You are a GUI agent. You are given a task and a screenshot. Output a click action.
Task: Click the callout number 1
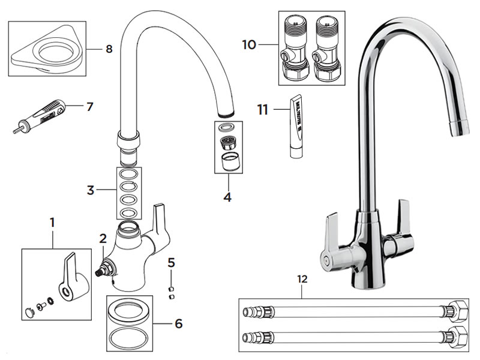(52, 222)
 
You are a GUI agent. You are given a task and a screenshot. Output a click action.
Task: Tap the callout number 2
(103, 238)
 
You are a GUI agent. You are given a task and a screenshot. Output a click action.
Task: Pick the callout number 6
(178, 323)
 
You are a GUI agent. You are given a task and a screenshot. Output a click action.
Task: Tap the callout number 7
(90, 107)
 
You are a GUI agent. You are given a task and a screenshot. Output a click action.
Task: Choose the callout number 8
(109, 49)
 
